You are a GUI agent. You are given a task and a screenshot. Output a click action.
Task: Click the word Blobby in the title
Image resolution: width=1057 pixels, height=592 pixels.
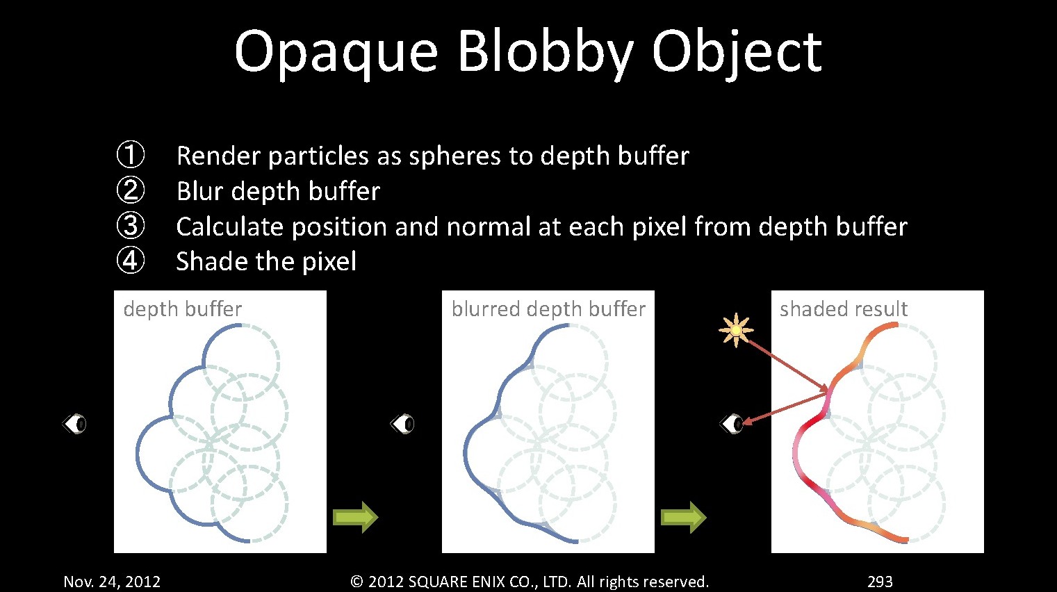pyautogui.click(x=546, y=52)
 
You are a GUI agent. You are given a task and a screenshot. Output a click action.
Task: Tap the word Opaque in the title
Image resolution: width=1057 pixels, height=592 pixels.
pyautogui.click(x=336, y=53)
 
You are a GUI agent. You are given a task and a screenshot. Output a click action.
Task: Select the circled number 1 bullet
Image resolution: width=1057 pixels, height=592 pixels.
pyautogui.click(x=130, y=154)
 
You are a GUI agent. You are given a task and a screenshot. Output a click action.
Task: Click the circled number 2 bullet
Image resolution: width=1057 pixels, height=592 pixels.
pyautogui.click(x=130, y=190)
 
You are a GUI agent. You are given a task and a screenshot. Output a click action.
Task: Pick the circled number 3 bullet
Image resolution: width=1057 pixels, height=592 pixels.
pyautogui.click(x=130, y=225)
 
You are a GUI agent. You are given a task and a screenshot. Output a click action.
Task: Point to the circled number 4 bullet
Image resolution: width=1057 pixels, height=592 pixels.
pyautogui.click(x=130, y=261)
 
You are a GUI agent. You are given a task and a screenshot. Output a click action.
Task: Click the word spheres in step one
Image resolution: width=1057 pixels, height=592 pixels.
pyautogui.click(x=455, y=156)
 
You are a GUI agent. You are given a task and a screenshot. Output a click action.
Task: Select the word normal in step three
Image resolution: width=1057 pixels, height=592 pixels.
pyautogui.click(x=489, y=227)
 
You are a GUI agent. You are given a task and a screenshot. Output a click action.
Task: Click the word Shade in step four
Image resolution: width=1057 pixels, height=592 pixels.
pyautogui.click(x=212, y=261)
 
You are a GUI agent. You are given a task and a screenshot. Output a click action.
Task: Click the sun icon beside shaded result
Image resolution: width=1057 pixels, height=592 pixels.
pyautogui.click(x=736, y=330)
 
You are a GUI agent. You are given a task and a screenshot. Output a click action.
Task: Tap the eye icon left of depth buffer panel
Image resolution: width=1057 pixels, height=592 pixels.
pyautogui.click(x=74, y=424)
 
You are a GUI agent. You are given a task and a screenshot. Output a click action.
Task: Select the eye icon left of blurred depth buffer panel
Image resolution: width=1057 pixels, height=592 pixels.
pyautogui.click(x=402, y=424)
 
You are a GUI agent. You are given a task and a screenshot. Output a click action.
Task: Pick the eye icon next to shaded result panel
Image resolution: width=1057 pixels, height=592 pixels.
pyautogui.click(x=731, y=424)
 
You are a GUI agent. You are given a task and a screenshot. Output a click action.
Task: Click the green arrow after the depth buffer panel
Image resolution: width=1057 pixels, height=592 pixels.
pyautogui.click(x=355, y=517)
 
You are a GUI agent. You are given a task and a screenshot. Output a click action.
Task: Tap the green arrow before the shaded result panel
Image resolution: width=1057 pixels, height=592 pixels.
pyautogui.click(x=683, y=517)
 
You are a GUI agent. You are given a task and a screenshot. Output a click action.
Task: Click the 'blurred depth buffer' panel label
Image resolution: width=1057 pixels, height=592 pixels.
pyautogui.click(x=548, y=309)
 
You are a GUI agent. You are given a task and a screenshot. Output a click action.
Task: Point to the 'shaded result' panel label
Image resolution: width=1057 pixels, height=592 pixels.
pyautogui.click(x=843, y=309)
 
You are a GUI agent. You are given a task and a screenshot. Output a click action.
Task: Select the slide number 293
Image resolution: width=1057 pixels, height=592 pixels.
pyautogui.click(x=880, y=581)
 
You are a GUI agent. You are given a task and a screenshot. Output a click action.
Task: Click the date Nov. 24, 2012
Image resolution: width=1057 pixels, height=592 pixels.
pyautogui.click(x=112, y=582)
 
